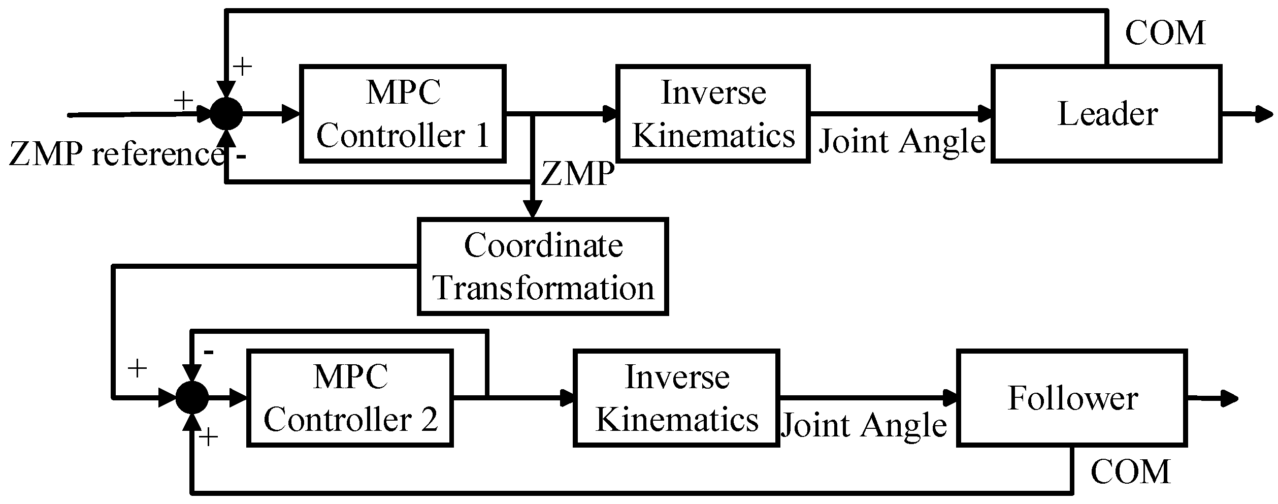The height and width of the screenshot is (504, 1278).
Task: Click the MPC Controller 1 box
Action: [403, 114]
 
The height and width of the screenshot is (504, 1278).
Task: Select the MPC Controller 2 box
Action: [350, 398]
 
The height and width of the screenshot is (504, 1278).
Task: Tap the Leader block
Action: [1106, 114]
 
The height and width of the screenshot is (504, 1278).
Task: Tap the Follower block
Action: [1072, 398]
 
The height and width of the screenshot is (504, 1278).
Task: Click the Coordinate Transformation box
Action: [543, 266]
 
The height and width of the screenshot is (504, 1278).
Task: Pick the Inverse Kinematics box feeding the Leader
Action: [713, 114]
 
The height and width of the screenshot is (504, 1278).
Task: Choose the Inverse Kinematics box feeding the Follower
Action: [676, 398]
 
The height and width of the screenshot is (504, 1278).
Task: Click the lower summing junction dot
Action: [192, 398]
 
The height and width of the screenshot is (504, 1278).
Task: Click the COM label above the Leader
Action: [1165, 34]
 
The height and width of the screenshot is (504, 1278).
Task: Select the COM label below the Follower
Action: [1130, 471]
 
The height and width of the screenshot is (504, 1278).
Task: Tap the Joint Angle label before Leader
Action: [902, 141]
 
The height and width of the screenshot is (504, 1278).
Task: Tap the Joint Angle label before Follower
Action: [864, 425]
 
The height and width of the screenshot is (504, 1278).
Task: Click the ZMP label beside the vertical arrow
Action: [577, 174]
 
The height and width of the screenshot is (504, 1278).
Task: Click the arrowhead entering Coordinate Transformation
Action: [533, 209]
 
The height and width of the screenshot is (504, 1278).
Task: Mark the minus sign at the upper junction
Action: [242, 156]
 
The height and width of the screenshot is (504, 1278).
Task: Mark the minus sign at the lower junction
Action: [208, 352]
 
